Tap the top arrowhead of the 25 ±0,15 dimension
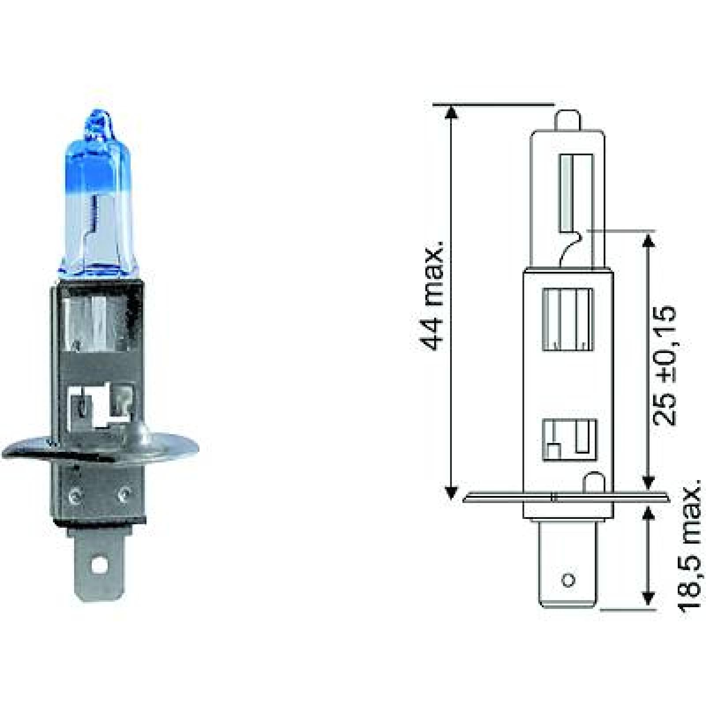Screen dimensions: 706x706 click(x=648, y=240)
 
